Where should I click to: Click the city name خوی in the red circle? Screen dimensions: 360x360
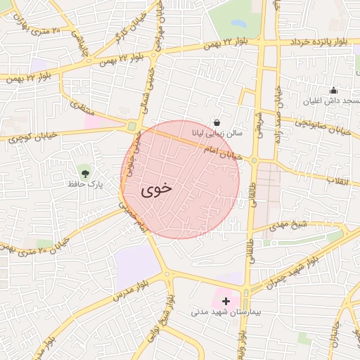[x=157, y=189]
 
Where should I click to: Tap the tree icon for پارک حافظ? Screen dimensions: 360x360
[x=86, y=172]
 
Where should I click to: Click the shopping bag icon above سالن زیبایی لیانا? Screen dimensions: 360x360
[x=217, y=122]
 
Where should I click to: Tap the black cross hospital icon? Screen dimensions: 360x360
[x=225, y=300]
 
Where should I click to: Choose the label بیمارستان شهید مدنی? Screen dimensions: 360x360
[x=224, y=311]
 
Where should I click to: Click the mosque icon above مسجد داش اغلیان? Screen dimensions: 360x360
[x=333, y=90]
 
